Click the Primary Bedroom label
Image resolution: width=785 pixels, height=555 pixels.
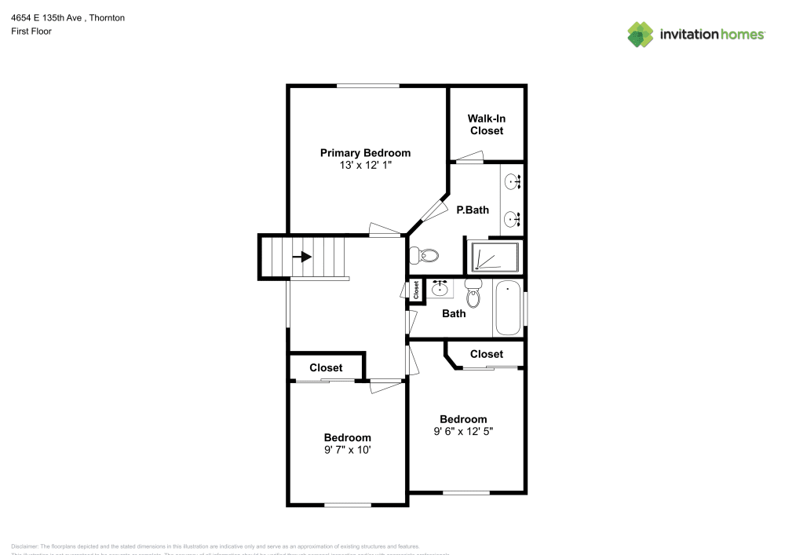pos(365,153)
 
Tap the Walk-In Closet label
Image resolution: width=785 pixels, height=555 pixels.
pos(487,125)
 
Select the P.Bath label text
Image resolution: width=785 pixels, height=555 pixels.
pos(473,210)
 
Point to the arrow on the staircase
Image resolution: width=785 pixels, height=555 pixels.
pos(302,257)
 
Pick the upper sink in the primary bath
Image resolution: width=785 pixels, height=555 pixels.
pos(513,182)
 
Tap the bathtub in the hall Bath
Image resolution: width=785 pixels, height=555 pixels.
pos(508,309)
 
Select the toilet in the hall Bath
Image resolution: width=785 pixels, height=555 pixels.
pos(473,294)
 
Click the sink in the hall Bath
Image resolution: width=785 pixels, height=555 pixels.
pos(440,288)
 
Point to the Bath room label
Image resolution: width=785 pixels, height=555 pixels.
pos(454,313)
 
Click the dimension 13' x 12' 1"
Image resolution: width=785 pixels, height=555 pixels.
pos(365,166)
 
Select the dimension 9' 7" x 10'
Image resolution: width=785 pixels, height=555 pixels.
pos(348,450)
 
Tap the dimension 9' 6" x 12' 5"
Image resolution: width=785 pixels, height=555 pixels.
pos(463,431)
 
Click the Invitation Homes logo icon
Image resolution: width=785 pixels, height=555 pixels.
pos(641,34)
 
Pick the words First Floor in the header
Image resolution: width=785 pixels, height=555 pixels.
pos(31,31)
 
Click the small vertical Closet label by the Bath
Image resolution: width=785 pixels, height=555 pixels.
pos(416,290)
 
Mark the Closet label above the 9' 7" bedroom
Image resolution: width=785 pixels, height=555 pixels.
pos(326,367)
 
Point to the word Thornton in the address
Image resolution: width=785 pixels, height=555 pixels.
pos(108,17)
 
